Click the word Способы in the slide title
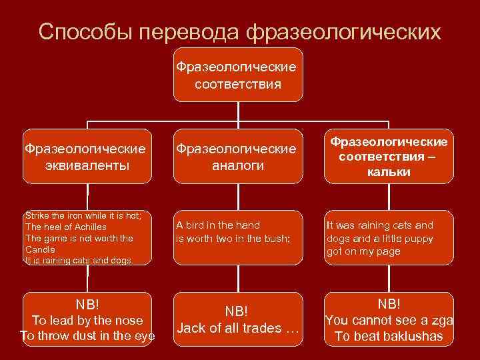pyautogui.click(x=79, y=31)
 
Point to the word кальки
pyautogui.click(x=389, y=172)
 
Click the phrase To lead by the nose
pyautogui.click(x=87, y=321)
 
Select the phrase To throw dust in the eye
pyautogui.click(x=87, y=336)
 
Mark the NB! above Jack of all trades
pyautogui.click(x=237, y=312)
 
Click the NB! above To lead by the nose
pyautogui.click(x=87, y=305)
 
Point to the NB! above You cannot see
pyautogui.click(x=389, y=304)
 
